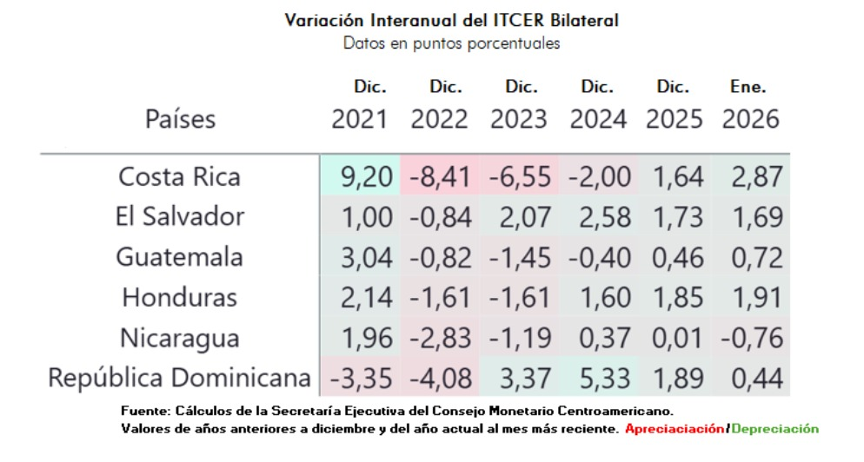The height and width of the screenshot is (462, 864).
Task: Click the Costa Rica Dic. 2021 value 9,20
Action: [359, 177]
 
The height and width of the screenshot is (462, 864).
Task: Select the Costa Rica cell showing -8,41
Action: [440, 177]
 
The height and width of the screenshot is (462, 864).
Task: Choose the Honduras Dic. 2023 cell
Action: [519, 298]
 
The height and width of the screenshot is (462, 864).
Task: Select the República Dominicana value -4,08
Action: [440, 379]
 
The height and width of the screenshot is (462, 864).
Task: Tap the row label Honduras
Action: [181, 298]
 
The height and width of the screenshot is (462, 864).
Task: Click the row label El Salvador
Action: [181, 217]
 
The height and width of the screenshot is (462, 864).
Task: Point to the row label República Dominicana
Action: [181, 379]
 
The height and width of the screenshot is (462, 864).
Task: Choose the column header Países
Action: [180, 119]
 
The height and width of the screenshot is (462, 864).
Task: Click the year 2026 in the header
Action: [750, 119]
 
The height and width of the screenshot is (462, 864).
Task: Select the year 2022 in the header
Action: [440, 119]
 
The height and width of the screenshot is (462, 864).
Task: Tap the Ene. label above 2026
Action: [748, 88]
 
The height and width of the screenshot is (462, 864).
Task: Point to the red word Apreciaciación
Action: [674, 429]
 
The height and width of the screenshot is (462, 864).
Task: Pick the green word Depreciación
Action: [774, 429]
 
